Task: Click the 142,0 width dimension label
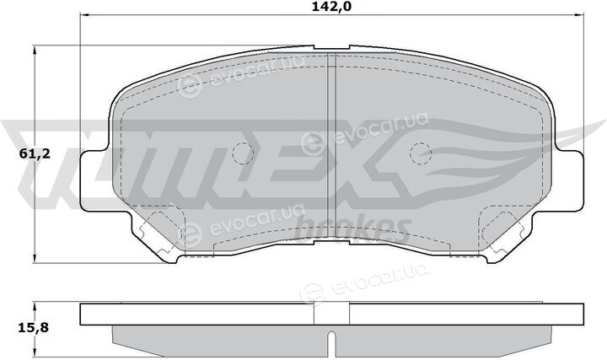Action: (332, 7)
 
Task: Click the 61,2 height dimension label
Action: (35, 154)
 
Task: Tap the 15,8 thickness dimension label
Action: (33, 328)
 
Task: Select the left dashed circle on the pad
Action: (243, 153)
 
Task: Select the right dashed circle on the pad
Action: (421, 153)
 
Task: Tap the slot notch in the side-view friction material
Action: (332, 344)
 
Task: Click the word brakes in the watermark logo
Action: (352, 230)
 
